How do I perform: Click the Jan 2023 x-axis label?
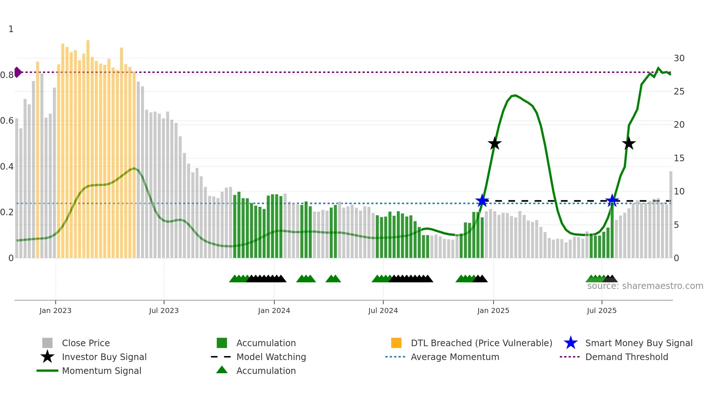(55, 310)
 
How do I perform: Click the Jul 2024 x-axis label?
(383, 310)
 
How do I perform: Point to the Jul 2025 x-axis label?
(602, 310)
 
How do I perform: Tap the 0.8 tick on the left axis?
(7, 75)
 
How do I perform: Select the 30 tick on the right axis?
(679, 58)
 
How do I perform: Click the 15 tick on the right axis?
(679, 158)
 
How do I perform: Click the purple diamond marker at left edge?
(18, 72)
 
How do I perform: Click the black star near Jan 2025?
(495, 144)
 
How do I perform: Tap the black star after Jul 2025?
(629, 144)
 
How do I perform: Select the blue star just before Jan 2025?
(482, 201)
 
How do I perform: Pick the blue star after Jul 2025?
(612, 201)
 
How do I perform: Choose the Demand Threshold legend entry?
(626, 357)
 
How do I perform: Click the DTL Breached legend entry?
(481, 343)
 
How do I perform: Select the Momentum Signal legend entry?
(101, 371)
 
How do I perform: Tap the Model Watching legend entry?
(271, 357)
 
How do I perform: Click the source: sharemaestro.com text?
(645, 286)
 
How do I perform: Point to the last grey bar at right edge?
(670, 215)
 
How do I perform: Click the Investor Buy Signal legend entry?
(104, 357)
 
